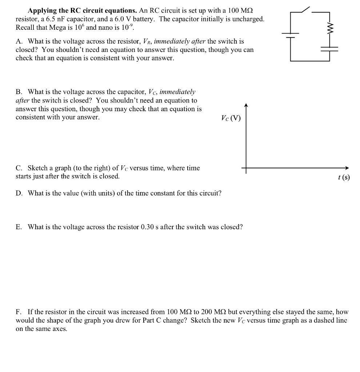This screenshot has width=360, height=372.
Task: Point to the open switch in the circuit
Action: pos(304,10)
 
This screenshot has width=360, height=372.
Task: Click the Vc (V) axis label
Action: pos(231,118)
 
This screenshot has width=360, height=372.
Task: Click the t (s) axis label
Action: pos(344,177)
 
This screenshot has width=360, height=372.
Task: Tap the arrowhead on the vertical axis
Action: pos(246,106)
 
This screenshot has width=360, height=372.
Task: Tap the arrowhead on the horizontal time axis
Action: pos(347,168)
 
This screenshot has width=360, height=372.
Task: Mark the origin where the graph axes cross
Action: pos(246,168)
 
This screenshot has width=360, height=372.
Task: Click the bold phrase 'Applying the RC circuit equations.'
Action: pos(83,11)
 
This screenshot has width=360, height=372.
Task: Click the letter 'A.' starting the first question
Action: pos(20,41)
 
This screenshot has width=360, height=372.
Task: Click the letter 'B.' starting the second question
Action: pos(20,92)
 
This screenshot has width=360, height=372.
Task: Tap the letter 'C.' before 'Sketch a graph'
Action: pos(20,168)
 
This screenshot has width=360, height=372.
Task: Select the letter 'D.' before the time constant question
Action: pos(20,193)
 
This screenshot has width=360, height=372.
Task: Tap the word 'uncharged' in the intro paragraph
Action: pos(248,19)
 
